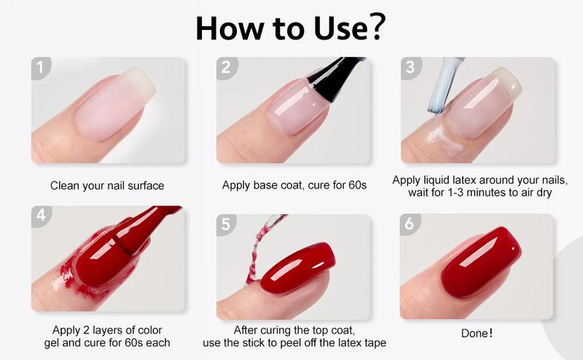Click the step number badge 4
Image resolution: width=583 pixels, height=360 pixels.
(x=41, y=216)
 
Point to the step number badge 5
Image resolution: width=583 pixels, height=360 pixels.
(x=227, y=225)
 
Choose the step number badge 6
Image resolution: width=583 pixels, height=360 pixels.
(x=411, y=225)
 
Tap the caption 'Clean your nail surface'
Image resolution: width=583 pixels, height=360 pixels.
(x=107, y=185)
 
